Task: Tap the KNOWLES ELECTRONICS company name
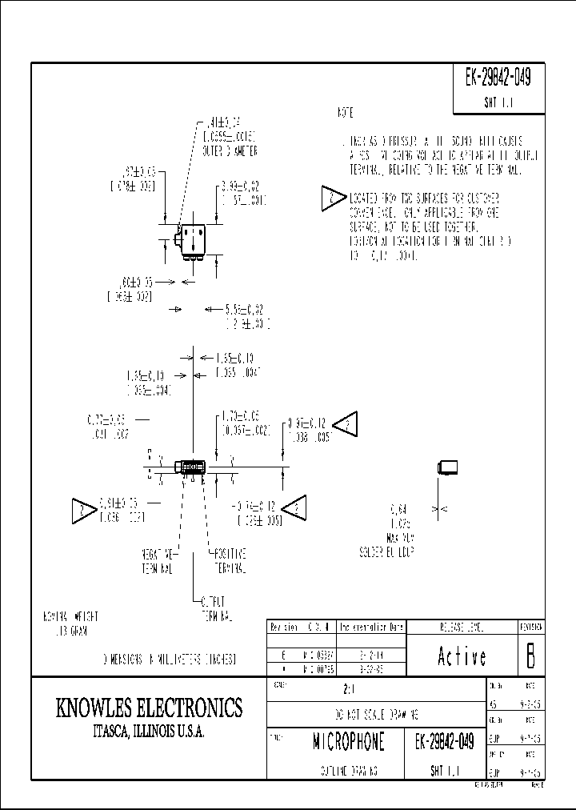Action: (x=149, y=708)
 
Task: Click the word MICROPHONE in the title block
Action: (x=348, y=742)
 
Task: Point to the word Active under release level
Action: (x=462, y=656)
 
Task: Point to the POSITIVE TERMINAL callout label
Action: (x=229, y=561)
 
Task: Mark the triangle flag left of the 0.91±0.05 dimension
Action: (x=83, y=507)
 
